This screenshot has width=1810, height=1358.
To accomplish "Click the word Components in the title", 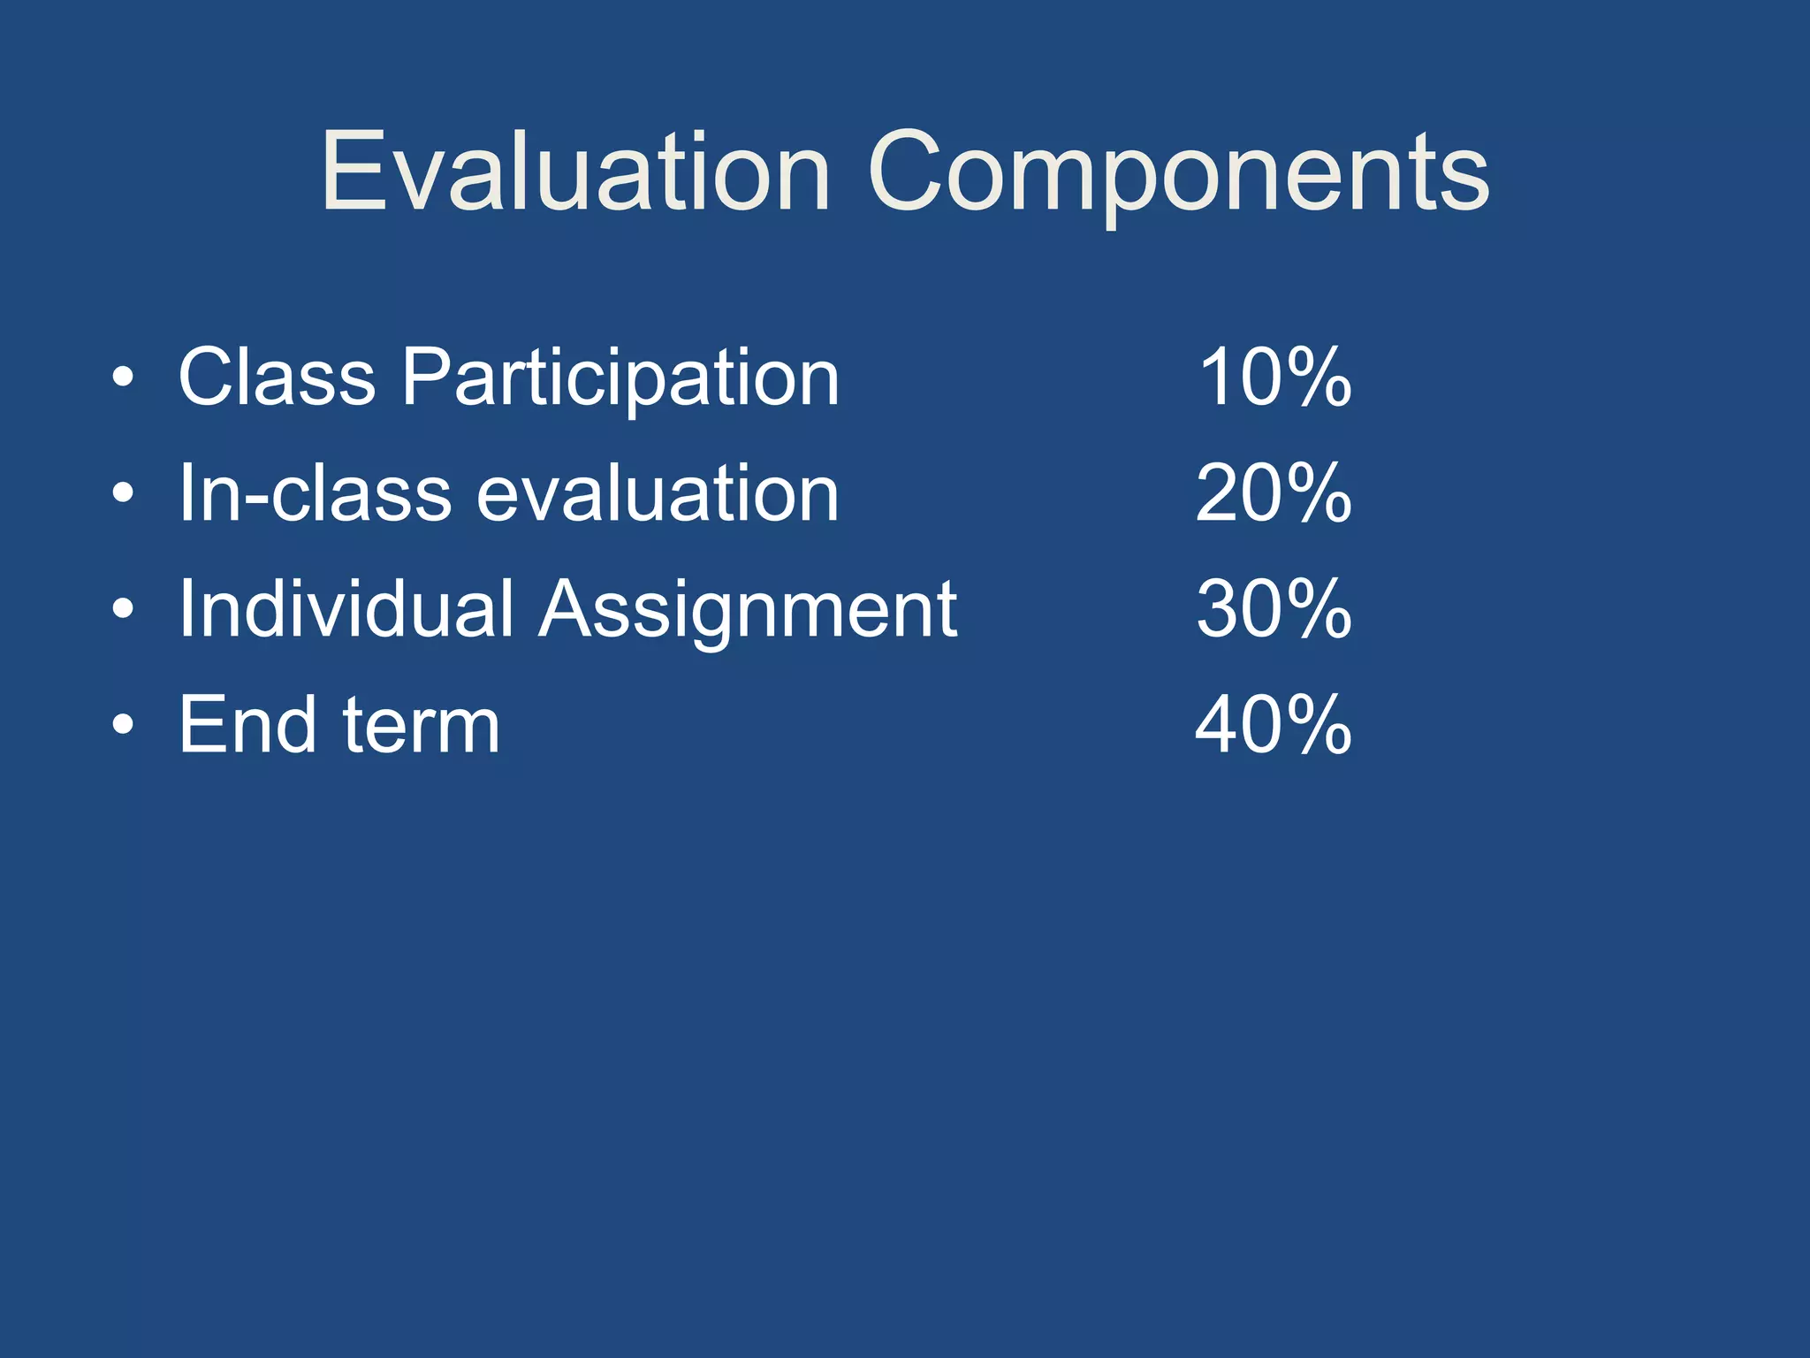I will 1179,172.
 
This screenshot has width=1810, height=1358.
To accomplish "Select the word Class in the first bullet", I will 277,378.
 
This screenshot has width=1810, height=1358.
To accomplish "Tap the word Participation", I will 620,379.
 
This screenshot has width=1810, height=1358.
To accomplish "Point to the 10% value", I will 1274,378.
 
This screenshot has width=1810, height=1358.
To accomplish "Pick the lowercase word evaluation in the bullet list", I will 658,493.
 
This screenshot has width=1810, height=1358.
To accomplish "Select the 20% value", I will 1274,493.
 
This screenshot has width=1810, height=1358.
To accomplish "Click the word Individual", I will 346,609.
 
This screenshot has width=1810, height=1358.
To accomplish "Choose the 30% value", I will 1274,609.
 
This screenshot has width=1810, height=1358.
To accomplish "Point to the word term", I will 421,725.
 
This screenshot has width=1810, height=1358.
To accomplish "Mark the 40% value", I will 1274,725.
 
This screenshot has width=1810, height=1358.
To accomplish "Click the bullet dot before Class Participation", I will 124,379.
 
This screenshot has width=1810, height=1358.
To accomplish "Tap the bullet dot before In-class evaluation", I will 124,494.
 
